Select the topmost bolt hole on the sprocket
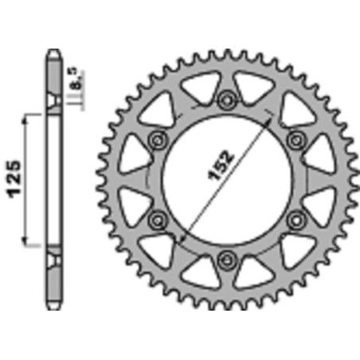[228, 100]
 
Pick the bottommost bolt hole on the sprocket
[228, 257]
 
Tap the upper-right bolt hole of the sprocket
[296, 139]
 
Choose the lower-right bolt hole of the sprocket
[296, 218]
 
